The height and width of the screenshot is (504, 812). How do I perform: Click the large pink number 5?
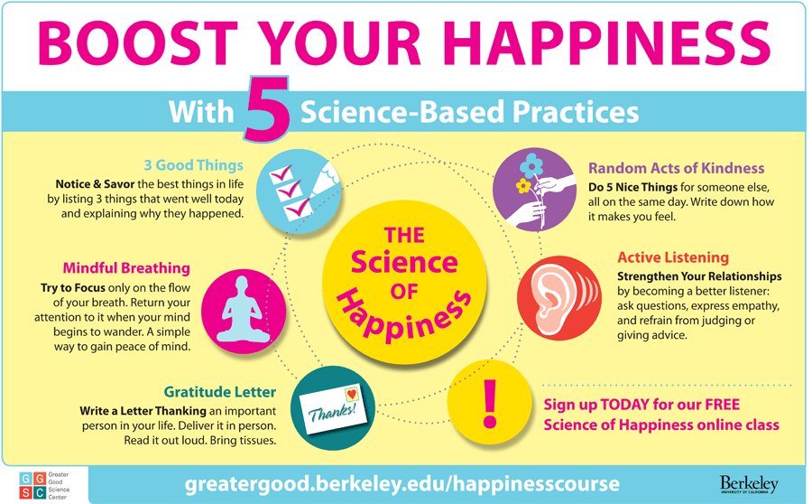[x=267, y=109]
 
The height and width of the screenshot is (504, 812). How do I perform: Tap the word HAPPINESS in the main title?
[x=607, y=43]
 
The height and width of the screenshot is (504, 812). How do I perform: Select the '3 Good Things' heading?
[x=194, y=165]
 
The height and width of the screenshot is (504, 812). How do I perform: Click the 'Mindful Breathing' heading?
[x=126, y=268]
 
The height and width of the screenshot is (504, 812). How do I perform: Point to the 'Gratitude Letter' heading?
[x=220, y=391]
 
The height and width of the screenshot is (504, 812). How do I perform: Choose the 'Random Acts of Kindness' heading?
[x=677, y=169]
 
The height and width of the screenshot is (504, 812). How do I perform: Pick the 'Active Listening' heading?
[x=673, y=257]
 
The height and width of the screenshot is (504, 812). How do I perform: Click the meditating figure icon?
[x=243, y=310]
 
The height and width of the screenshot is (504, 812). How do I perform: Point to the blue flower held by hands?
[x=531, y=166]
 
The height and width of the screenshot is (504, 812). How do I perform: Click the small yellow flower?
[x=523, y=185]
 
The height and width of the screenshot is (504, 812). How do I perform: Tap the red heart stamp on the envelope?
[x=352, y=394]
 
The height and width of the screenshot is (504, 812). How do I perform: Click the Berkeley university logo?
[x=749, y=485]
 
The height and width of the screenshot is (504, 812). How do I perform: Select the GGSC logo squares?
[x=32, y=485]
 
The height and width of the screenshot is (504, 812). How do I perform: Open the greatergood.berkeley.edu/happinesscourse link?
[x=401, y=484]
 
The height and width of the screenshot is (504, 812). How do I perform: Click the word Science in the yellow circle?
[x=404, y=262]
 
